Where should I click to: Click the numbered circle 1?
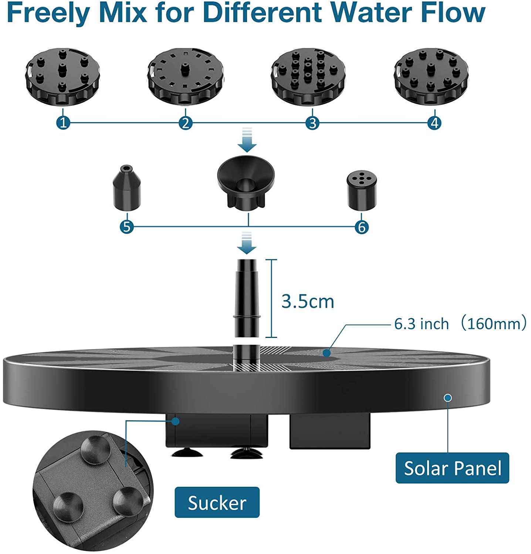tap(63, 123)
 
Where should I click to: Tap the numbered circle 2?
tap(186, 123)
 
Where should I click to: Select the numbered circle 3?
tap(312, 123)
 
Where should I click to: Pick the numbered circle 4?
tap(434, 123)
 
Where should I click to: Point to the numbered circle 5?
tap(127, 227)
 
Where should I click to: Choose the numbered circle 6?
tap(362, 227)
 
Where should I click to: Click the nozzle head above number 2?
tap(185, 77)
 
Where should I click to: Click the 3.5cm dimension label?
tap(308, 301)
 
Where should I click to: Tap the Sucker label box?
tap(217, 502)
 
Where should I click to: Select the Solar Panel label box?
tap(452, 468)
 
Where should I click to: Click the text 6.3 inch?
tap(421, 324)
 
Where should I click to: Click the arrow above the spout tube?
tap(247, 243)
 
